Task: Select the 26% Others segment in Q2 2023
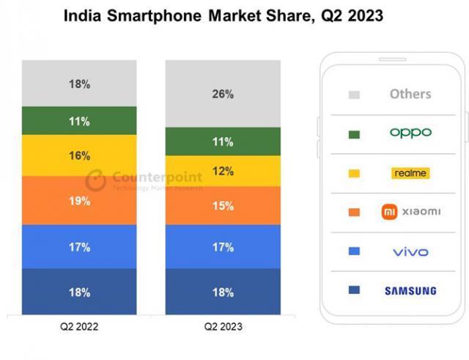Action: click(x=223, y=94)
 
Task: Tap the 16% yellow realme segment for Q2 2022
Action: click(x=79, y=155)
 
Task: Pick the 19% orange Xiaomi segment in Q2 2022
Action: click(x=79, y=200)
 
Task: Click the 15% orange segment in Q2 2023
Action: click(x=223, y=206)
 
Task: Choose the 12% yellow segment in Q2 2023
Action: click(x=223, y=171)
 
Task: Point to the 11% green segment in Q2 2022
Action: click(x=79, y=121)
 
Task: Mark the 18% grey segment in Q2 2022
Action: click(x=79, y=84)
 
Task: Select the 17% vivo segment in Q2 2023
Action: click(x=223, y=247)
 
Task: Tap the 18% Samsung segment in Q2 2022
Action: click(x=79, y=292)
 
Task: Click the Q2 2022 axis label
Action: click(x=79, y=326)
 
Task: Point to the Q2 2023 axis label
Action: click(x=223, y=326)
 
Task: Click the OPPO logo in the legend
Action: click(x=410, y=133)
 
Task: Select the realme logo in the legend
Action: click(x=410, y=173)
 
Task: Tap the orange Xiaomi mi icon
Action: click(x=389, y=212)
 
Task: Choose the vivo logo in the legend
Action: click(x=410, y=251)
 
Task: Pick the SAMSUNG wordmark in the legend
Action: click(x=410, y=290)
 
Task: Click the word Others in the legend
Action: click(x=410, y=94)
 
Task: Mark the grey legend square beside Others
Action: click(x=355, y=95)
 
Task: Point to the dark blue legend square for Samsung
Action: click(x=355, y=291)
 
